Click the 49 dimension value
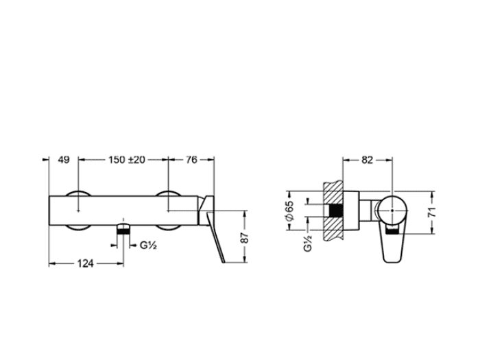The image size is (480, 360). [64, 160]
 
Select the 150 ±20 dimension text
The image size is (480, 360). [126, 160]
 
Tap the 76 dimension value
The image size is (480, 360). [191, 160]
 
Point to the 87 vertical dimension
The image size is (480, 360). [244, 237]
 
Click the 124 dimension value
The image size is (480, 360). [85, 263]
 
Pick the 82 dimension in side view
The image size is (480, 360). [367, 160]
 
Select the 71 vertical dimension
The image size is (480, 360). [431, 213]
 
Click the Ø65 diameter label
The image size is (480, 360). [289, 211]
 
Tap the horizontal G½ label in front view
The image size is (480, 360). [148, 245]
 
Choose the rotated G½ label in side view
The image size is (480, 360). [308, 243]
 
